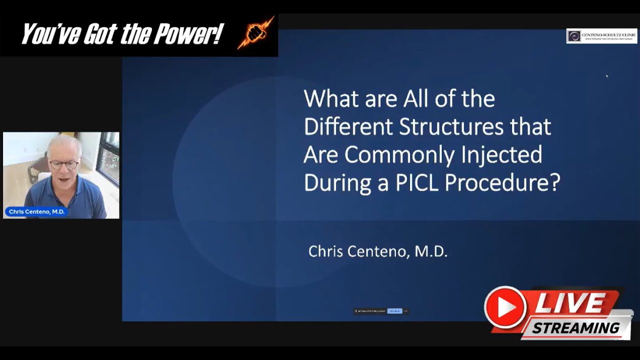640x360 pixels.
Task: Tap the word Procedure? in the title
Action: point(502,183)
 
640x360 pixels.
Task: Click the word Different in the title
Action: point(348,127)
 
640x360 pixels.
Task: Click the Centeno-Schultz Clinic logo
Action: point(601,36)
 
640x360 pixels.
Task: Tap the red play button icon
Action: point(505,307)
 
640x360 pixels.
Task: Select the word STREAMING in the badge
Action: point(575,328)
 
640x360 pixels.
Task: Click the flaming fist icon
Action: point(255,33)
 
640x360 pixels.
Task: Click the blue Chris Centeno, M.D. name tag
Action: point(36,211)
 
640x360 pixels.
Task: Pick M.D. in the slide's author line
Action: point(431,251)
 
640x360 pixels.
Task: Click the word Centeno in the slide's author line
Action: point(377,251)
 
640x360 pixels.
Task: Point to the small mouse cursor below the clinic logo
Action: point(607,76)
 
